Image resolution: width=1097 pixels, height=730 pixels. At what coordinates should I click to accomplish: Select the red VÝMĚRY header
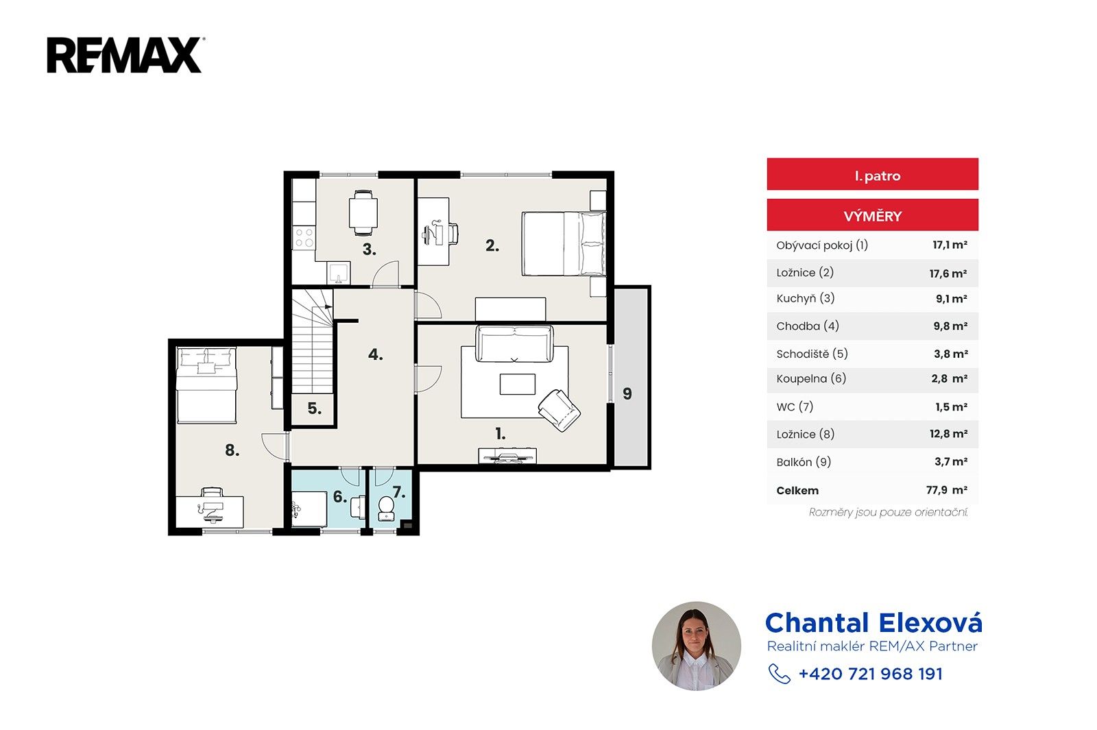pyautogui.click(x=872, y=215)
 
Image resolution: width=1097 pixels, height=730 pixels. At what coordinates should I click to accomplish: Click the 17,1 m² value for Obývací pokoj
pyautogui.click(x=950, y=245)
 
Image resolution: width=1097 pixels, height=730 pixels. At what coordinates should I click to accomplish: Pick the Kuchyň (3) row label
pyautogui.click(x=805, y=298)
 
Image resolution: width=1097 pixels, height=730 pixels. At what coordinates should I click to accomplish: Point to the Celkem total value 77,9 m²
pyautogui.click(x=947, y=489)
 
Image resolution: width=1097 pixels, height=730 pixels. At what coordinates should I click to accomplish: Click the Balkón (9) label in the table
pyautogui.click(x=804, y=462)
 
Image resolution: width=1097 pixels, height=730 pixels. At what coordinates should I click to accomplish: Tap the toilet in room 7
pyautogui.click(x=386, y=509)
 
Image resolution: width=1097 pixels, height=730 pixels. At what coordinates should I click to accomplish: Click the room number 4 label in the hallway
pyautogui.click(x=375, y=354)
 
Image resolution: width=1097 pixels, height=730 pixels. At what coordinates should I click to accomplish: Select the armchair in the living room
pyautogui.click(x=559, y=410)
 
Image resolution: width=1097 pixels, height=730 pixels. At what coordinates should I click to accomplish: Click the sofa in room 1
pyautogui.click(x=514, y=343)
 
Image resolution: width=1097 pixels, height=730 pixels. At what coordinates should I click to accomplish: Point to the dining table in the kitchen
pyautogui.click(x=363, y=212)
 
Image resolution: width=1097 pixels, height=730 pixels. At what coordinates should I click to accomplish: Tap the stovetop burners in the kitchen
pyautogui.click(x=304, y=237)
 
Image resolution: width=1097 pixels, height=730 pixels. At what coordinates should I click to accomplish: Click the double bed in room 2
pyautogui.click(x=564, y=243)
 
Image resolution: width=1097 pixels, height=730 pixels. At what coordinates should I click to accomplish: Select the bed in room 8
pyautogui.click(x=206, y=385)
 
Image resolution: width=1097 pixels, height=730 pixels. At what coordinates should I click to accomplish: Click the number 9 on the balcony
pyautogui.click(x=627, y=393)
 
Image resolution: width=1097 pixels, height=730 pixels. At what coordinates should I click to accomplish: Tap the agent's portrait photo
pyautogui.click(x=697, y=646)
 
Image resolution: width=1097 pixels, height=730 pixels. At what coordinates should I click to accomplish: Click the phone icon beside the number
pyautogui.click(x=779, y=674)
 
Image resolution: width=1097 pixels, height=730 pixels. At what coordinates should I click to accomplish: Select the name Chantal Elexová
pyautogui.click(x=873, y=623)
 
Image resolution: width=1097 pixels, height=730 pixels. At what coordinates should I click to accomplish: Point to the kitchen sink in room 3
pyautogui.click(x=339, y=272)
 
